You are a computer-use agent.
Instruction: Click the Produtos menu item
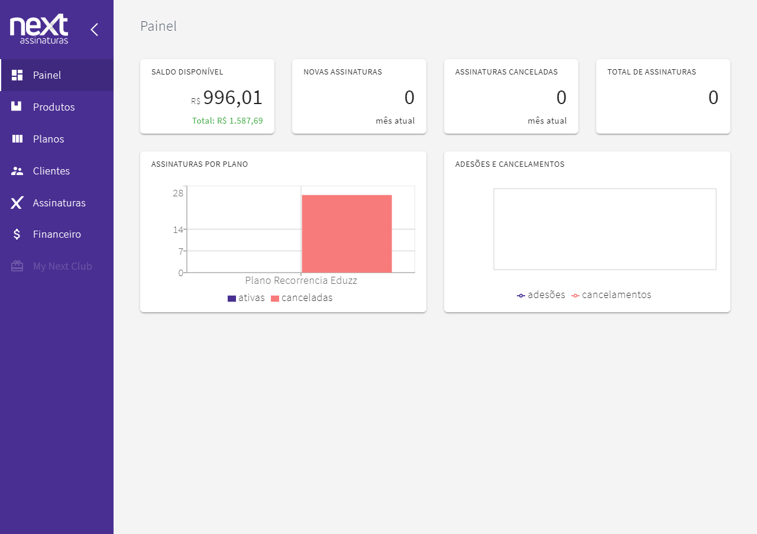point(53,107)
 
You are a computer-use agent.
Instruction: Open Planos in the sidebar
point(48,139)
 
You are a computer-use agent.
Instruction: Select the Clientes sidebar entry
point(51,171)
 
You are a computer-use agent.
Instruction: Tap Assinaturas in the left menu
point(59,203)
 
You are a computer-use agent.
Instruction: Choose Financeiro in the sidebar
point(56,234)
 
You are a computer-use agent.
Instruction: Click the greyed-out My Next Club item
point(62,266)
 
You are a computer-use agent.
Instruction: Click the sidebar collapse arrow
point(94,30)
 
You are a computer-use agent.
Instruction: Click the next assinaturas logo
point(39,29)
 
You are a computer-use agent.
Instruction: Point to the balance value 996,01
point(232,98)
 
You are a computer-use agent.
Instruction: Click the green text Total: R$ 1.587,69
point(227,121)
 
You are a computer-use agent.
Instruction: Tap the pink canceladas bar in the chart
point(347,234)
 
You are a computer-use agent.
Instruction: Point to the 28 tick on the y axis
point(178,193)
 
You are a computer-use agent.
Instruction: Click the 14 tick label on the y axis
point(178,229)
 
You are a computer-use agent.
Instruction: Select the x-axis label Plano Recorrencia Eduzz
point(300,280)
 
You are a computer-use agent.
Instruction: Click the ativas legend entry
point(247,298)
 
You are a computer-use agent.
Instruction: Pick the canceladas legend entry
point(302,298)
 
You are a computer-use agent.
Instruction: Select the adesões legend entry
point(541,294)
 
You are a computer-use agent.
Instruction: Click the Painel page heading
point(158,26)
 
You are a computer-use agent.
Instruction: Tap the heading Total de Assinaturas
point(651,72)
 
